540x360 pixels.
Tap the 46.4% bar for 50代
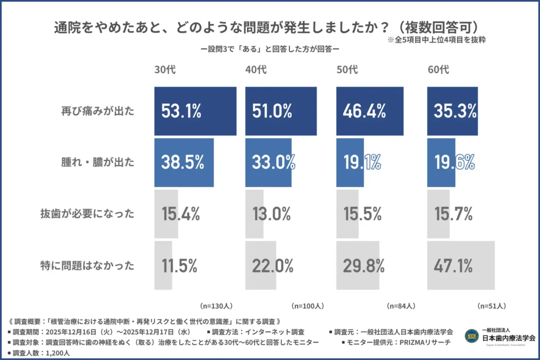pos(363,111)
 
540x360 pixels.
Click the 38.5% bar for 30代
pos(184,162)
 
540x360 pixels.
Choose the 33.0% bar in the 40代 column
pos(269,162)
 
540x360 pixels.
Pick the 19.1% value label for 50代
pos(362,162)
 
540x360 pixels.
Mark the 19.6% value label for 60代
pos(454,162)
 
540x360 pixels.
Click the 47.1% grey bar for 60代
pos(460,266)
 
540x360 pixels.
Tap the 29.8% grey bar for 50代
pos(358,266)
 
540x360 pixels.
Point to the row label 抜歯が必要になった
pos(88,214)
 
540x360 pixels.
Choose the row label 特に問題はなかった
pos(88,266)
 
